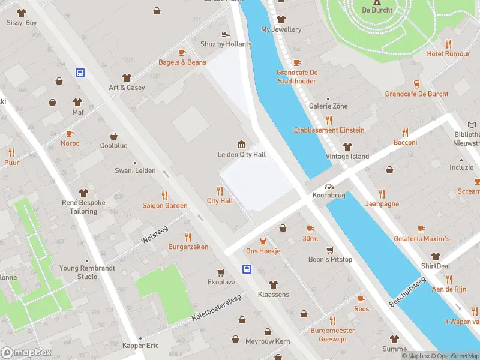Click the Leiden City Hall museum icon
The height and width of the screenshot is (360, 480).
241,144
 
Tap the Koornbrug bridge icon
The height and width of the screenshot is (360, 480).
329,186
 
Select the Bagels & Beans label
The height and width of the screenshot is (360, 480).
182,62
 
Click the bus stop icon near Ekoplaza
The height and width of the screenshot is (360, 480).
247,269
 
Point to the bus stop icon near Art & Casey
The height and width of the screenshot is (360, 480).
80,73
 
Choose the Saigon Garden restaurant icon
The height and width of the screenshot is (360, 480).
164,196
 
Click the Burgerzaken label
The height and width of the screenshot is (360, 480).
188,247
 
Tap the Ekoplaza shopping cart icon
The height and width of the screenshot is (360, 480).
221,272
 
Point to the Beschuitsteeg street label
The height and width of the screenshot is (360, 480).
407,292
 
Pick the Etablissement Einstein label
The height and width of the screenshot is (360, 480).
329,130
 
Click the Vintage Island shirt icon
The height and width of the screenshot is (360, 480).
347,146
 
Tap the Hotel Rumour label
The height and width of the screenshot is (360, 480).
448,54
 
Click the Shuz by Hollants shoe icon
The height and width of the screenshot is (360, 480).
225,35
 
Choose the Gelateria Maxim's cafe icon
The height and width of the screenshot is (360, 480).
421,229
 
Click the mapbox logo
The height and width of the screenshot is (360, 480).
26,352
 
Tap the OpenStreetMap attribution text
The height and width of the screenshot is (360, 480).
454,356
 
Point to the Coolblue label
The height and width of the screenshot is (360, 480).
113,145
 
